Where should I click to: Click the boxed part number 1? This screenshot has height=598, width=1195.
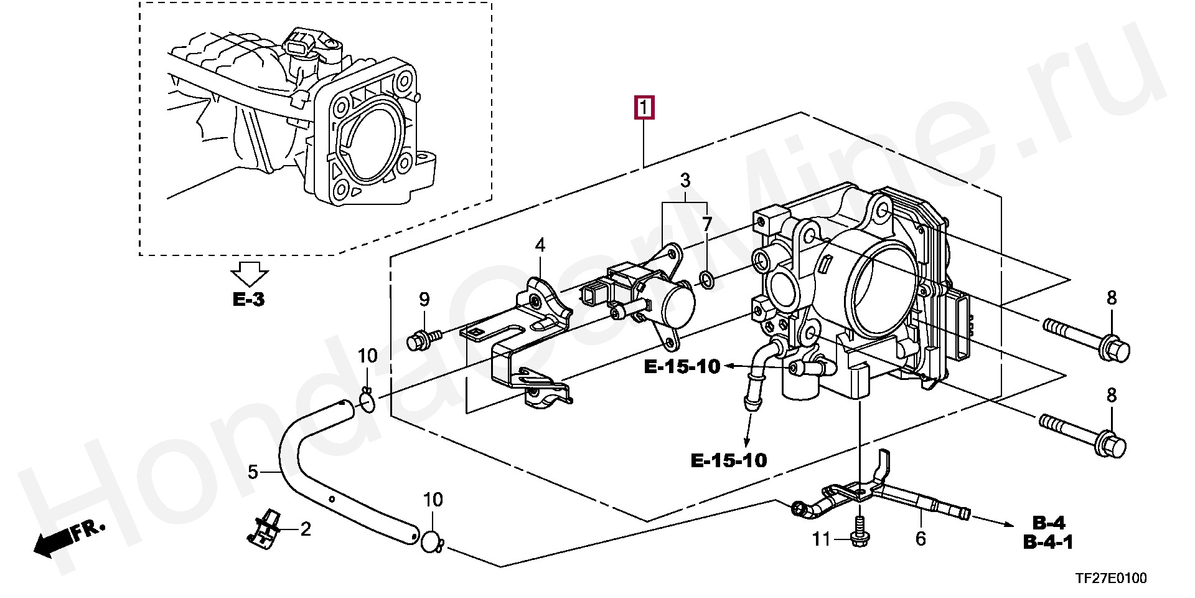click(x=644, y=108)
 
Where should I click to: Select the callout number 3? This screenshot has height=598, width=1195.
click(x=685, y=181)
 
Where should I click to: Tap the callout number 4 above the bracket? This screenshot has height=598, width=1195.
click(x=540, y=245)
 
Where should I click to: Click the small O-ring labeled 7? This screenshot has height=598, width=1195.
click(x=707, y=281)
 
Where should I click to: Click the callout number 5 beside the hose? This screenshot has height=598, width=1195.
click(x=253, y=472)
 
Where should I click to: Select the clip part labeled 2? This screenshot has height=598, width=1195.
click(x=266, y=531)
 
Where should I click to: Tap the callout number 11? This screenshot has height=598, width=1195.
click(x=822, y=539)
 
